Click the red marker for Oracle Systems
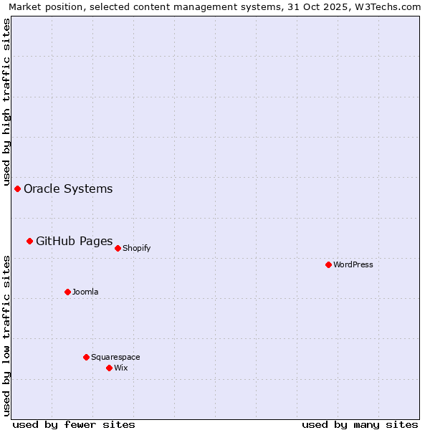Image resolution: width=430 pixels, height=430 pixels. click(17, 188)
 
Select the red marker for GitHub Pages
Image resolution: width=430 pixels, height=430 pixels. click(29, 241)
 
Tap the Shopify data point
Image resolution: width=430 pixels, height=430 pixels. click(118, 248)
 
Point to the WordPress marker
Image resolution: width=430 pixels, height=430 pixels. click(328, 264)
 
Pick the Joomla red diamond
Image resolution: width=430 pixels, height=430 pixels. click(67, 292)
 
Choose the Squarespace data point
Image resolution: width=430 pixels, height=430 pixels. click(86, 357)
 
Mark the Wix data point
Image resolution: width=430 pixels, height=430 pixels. click(109, 368)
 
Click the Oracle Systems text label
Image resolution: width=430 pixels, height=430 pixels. click(68, 189)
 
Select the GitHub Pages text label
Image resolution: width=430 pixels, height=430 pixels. click(74, 242)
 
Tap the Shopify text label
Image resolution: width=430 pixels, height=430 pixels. click(136, 249)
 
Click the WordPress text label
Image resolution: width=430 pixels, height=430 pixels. click(353, 265)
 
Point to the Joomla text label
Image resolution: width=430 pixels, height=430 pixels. click(85, 292)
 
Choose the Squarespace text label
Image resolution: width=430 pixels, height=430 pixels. click(115, 358)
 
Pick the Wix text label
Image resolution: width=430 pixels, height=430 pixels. click(120, 368)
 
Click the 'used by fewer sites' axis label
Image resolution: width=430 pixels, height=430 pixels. click(74, 424)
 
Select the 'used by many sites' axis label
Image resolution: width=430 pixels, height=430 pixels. click(360, 424)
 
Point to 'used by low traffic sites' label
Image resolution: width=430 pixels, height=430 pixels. click(6, 335)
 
